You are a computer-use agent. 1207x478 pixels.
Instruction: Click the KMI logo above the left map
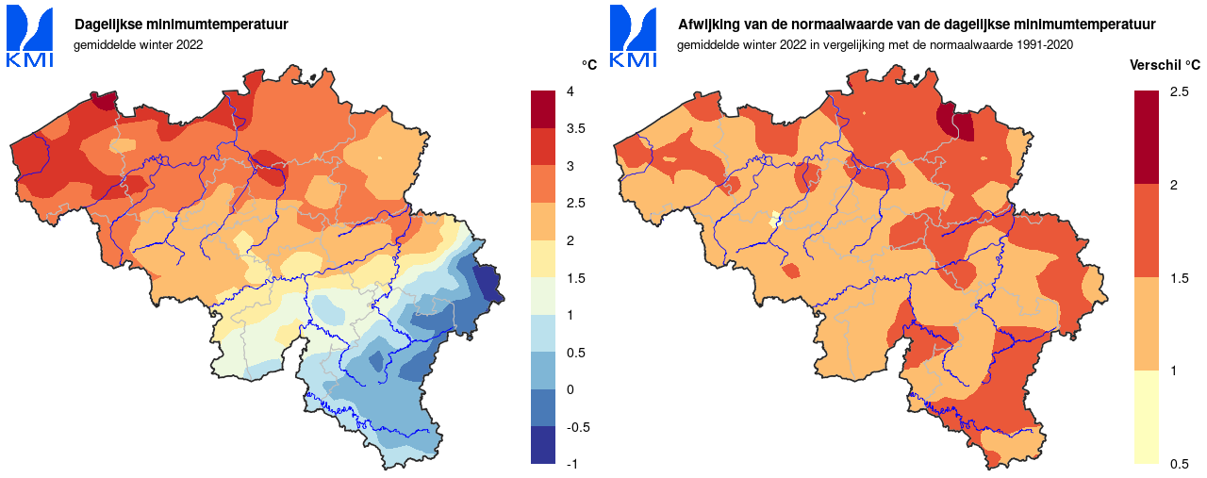point(29,38)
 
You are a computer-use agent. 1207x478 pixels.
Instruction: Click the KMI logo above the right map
point(633,38)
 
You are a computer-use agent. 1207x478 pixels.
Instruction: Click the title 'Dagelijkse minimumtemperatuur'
point(181,25)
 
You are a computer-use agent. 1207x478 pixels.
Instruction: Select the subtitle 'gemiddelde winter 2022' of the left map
point(138,43)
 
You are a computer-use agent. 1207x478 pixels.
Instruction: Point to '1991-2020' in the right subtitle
point(1048,43)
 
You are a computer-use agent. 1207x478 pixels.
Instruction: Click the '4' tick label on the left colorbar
point(570,91)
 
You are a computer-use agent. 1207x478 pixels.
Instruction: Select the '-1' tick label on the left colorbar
point(571,464)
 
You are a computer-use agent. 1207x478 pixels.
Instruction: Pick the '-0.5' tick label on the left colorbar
point(577,427)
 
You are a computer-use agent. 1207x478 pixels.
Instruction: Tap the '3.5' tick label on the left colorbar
point(575,129)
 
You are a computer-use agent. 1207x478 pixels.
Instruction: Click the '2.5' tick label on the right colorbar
point(1179,91)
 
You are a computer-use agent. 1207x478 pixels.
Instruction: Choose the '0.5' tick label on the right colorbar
point(1179,464)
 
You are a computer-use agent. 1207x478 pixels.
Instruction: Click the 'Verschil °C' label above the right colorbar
point(1165,65)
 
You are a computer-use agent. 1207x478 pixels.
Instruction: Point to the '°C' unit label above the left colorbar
point(588,65)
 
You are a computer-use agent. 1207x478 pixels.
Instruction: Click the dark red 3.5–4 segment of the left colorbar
point(543,109)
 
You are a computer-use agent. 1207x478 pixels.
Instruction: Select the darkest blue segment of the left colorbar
point(543,445)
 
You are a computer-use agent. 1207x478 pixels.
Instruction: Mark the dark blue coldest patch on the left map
point(487,283)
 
